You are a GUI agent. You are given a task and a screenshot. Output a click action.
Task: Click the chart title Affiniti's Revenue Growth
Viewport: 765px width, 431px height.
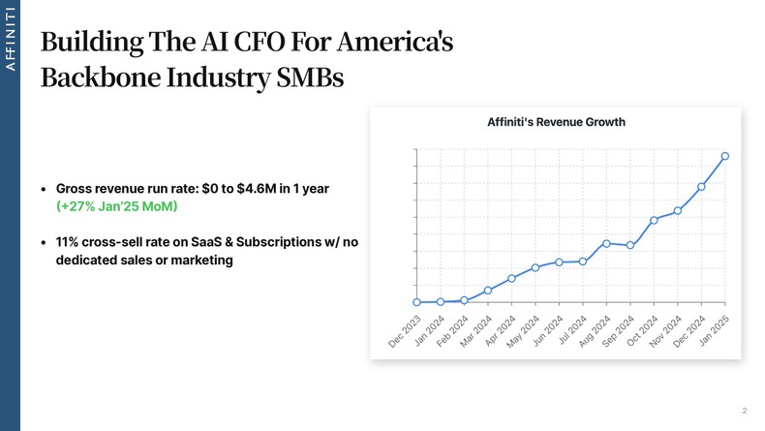[555, 122]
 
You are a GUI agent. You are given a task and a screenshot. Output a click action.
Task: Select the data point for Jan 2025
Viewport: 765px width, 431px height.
[725, 156]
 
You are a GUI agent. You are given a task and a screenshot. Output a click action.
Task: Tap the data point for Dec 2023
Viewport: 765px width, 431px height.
[416, 302]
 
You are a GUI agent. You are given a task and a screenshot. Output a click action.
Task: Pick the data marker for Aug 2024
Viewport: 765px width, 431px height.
[606, 243]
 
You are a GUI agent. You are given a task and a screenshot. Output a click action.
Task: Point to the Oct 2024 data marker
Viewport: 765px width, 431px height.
[654, 220]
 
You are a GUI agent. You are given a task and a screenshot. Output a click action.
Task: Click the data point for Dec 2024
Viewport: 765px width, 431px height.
[701, 186]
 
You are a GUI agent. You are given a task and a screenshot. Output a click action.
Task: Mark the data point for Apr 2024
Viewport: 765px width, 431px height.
[511, 278]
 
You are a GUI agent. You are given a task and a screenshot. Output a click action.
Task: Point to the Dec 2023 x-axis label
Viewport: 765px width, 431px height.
[405, 331]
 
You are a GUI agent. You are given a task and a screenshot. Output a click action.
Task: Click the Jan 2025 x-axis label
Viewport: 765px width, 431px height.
[714, 331]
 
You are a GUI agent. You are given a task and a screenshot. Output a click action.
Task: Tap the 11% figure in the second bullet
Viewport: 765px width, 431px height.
[67, 241]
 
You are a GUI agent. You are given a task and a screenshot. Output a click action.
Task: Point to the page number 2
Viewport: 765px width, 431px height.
[744, 411]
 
